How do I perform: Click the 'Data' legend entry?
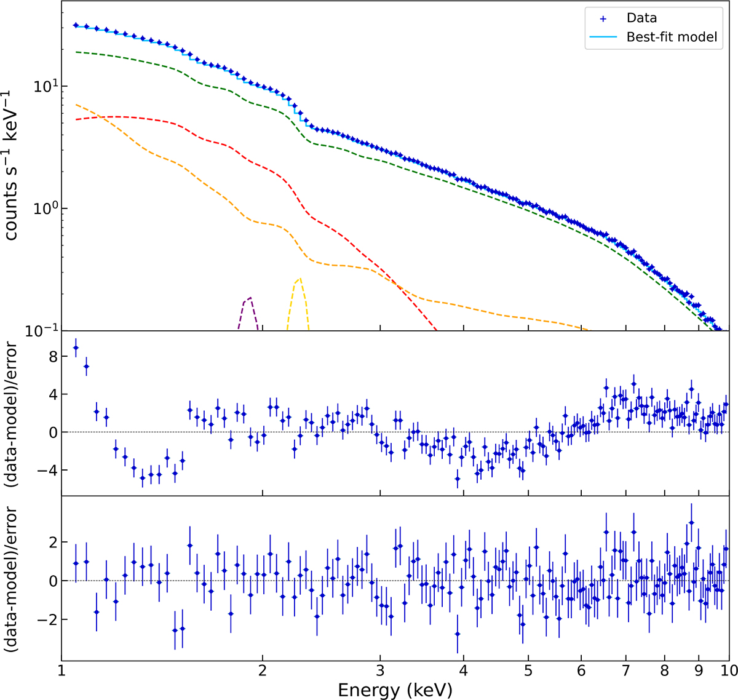point(641,18)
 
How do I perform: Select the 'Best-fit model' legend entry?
point(672,37)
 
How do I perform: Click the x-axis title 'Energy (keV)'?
point(395,690)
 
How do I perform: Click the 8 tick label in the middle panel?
point(53,357)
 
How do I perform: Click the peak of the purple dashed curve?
point(250,298)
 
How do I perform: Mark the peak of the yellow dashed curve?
point(299,279)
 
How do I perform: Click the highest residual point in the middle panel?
point(76,348)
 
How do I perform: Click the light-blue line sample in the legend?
point(603,37)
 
